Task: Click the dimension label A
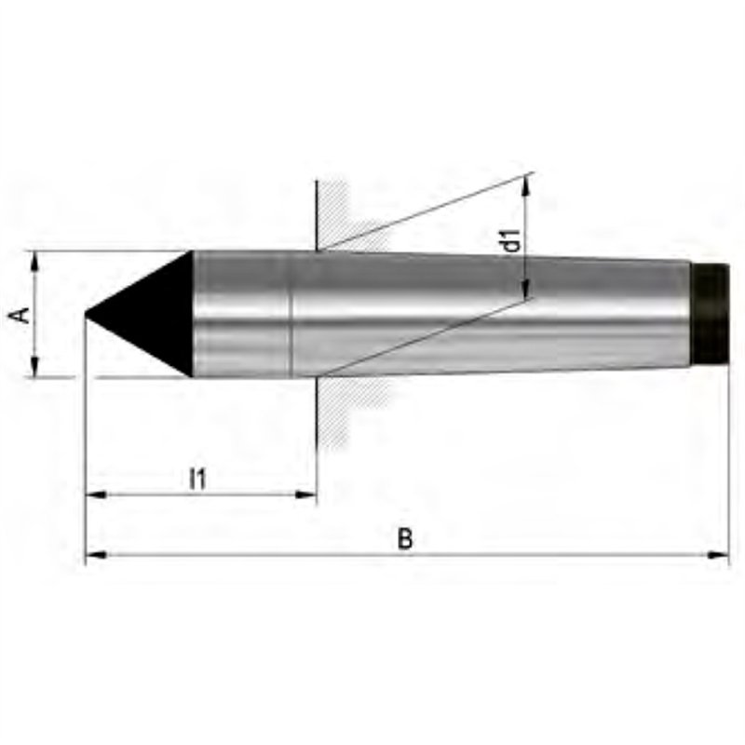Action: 20,315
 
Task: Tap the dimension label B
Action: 405,538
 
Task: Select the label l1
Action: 197,479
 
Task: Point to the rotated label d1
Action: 512,240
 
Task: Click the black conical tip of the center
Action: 147,314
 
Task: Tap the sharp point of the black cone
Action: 86,313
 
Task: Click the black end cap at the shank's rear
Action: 710,314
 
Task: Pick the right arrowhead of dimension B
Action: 718,554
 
